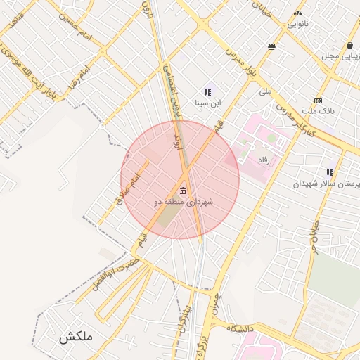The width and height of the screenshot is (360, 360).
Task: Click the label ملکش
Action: (76, 337)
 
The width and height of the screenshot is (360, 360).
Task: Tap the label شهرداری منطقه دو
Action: (183, 202)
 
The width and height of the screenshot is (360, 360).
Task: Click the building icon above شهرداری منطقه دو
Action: (184, 191)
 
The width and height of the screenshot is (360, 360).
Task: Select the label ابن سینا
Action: (207, 103)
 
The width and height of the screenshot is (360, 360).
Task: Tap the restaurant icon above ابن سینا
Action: (207, 91)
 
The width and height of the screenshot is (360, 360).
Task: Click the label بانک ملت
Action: (319, 111)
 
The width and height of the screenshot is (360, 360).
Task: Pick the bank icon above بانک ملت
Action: (319, 101)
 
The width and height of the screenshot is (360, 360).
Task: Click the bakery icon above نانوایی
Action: (298, 13)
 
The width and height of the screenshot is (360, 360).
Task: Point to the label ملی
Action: (264, 91)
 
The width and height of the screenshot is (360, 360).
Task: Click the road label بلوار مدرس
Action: (243, 63)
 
